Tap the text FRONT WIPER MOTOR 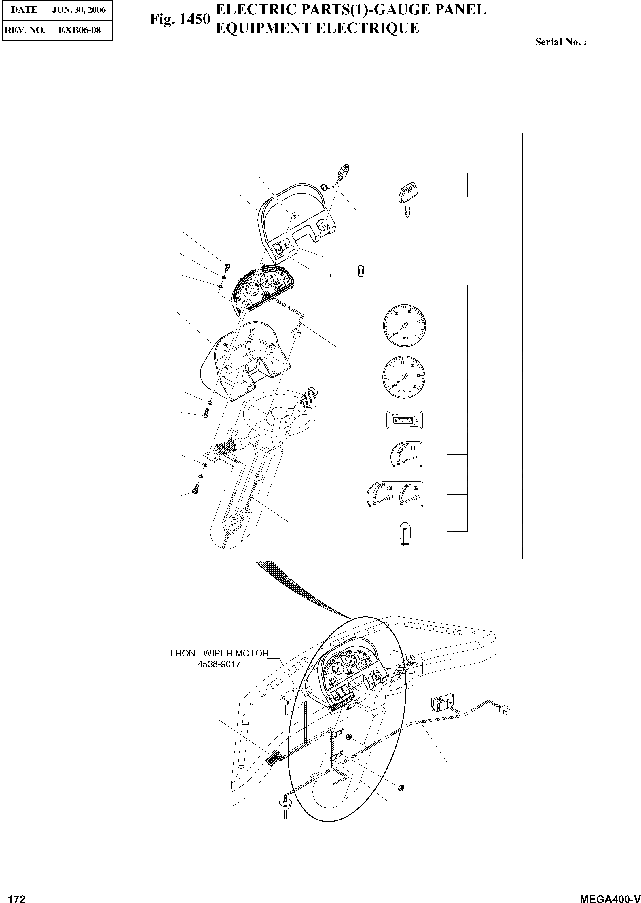pyautogui.click(x=219, y=653)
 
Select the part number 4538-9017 pyautogui.click(x=219, y=664)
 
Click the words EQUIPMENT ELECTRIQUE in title pyautogui.click(x=317, y=28)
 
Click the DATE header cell pyautogui.click(x=24, y=10)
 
